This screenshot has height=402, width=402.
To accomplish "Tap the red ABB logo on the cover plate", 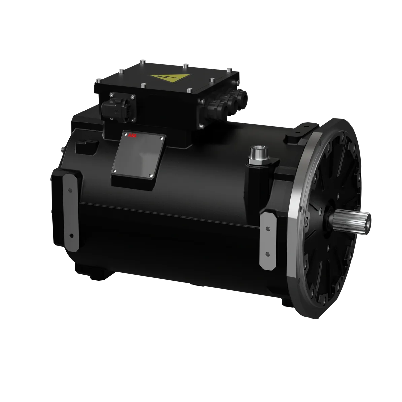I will pos(130,136).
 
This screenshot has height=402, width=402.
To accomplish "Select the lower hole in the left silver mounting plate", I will pos(71,235).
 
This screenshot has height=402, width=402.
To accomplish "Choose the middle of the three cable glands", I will pos(232,101).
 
